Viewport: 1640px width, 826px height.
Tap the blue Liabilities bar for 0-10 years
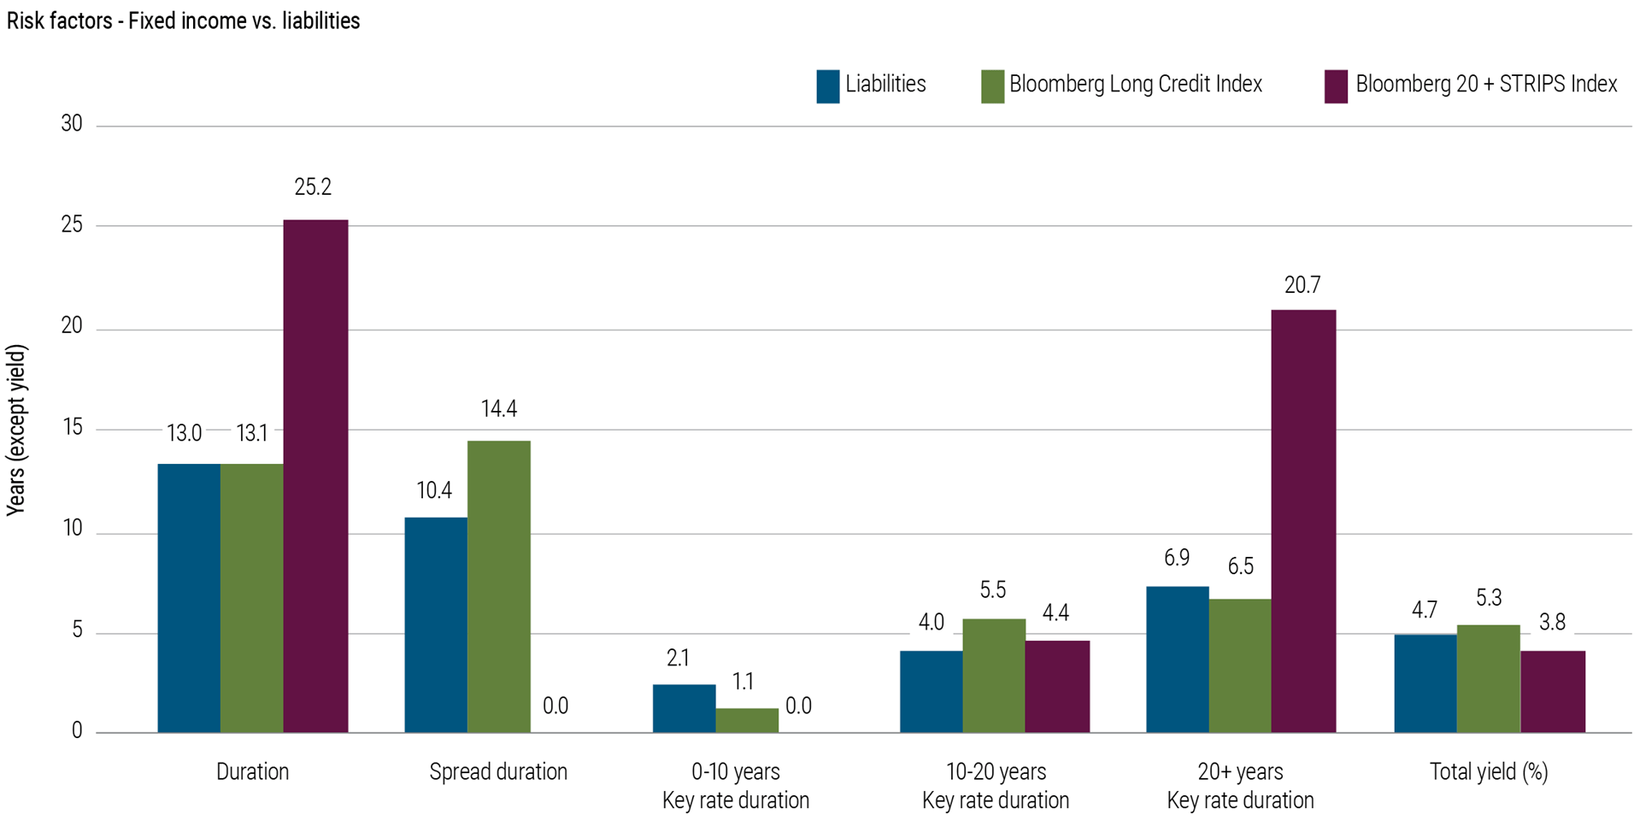[x=684, y=708]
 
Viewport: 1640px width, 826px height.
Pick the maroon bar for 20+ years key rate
[x=1302, y=521]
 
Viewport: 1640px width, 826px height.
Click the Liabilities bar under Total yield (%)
[x=1425, y=683]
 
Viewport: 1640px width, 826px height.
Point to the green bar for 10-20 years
[x=993, y=675]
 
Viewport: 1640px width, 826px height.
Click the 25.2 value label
[x=313, y=187]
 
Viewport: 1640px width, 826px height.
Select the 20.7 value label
[x=1302, y=285]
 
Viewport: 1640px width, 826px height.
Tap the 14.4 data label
[x=498, y=409]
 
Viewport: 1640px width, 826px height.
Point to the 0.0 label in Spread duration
[x=555, y=706]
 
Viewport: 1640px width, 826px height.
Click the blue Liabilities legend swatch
[x=827, y=86]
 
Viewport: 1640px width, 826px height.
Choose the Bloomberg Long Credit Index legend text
[x=1135, y=85]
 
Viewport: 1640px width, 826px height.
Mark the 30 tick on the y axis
[x=72, y=124]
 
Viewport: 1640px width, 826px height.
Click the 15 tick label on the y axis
[x=72, y=427]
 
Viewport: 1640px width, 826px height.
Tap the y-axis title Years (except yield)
[x=17, y=430]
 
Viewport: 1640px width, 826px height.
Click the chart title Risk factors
[x=183, y=21]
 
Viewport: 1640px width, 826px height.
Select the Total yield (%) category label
[x=1488, y=771]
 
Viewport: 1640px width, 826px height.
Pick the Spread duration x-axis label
[x=498, y=771]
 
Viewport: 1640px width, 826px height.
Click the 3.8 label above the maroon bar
[x=1552, y=622]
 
